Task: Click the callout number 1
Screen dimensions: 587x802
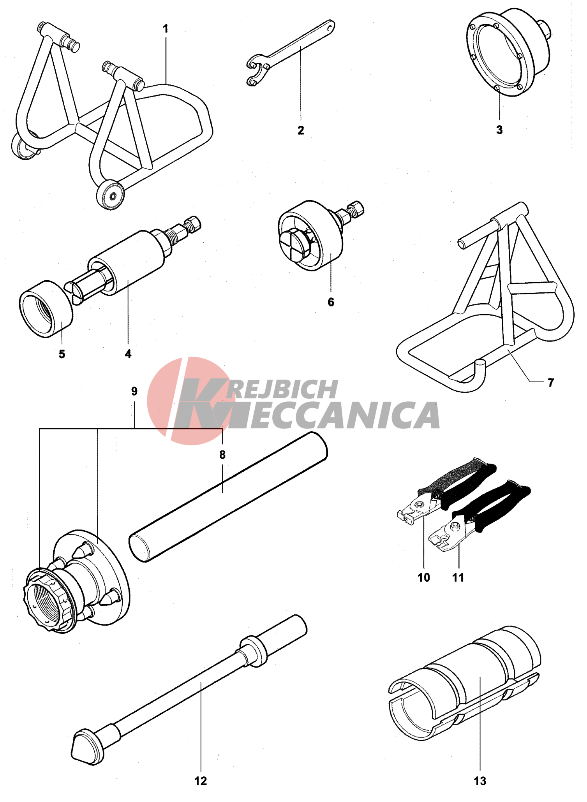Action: [x=166, y=29]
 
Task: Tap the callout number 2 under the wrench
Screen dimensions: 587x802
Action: [x=301, y=130]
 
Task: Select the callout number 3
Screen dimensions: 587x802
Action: [x=499, y=130]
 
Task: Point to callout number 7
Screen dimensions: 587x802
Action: [x=551, y=383]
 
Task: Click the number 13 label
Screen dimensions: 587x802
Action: [x=480, y=781]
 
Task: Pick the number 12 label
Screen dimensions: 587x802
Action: [x=201, y=781]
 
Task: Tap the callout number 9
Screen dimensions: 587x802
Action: [x=134, y=391]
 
